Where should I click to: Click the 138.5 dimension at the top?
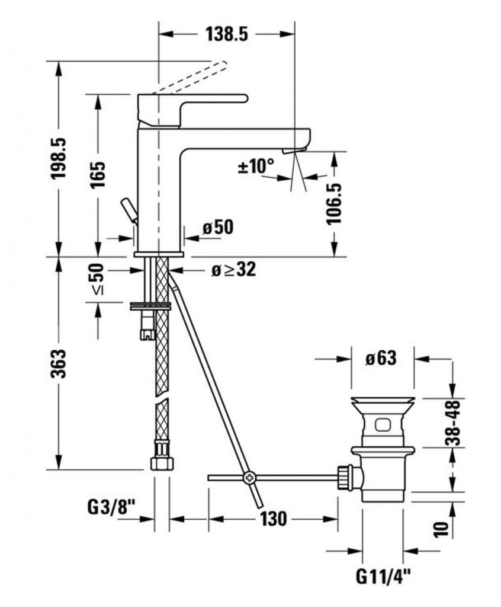[226, 34]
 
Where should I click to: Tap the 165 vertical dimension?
[98, 175]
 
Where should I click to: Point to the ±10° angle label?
[256, 167]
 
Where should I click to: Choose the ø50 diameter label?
[217, 227]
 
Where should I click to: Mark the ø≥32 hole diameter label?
[233, 270]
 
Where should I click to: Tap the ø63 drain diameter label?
[380, 358]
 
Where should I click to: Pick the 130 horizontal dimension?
[273, 519]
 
